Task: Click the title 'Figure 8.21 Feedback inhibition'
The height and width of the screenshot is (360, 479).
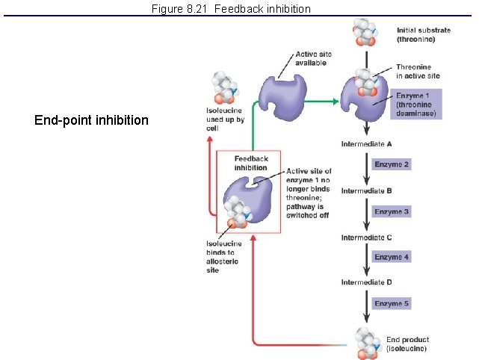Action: [x=231, y=9]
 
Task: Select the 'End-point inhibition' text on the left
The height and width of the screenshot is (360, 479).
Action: [x=91, y=120]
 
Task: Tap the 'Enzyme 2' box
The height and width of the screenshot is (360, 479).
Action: [x=392, y=164]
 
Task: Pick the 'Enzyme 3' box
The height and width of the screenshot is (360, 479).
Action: [x=392, y=211]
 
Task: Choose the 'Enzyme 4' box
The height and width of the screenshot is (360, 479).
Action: [x=392, y=257]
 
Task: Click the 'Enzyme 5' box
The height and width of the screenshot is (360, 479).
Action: [x=392, y=304]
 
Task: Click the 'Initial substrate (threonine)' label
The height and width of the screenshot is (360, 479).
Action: [x=423, y=34]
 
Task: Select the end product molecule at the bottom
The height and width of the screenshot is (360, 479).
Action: [x=367, y=343]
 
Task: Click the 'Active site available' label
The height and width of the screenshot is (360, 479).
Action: [x=313, y=59]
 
